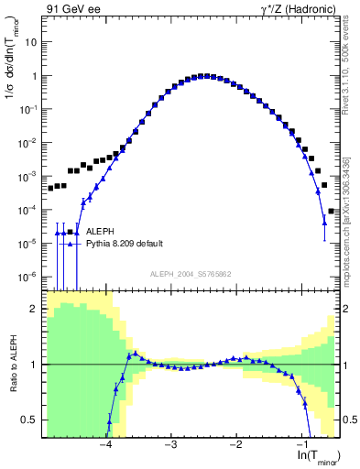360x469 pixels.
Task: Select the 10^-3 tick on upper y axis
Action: (29, 176)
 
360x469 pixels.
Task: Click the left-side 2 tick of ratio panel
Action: (35, 309)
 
